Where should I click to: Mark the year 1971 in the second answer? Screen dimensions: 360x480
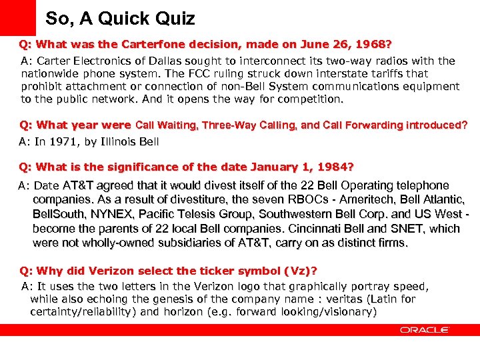click(x=61, y=141)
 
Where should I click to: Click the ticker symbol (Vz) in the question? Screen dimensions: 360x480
click(x=297, y=271)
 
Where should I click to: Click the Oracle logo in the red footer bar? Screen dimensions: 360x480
click(x=425, y=329)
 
